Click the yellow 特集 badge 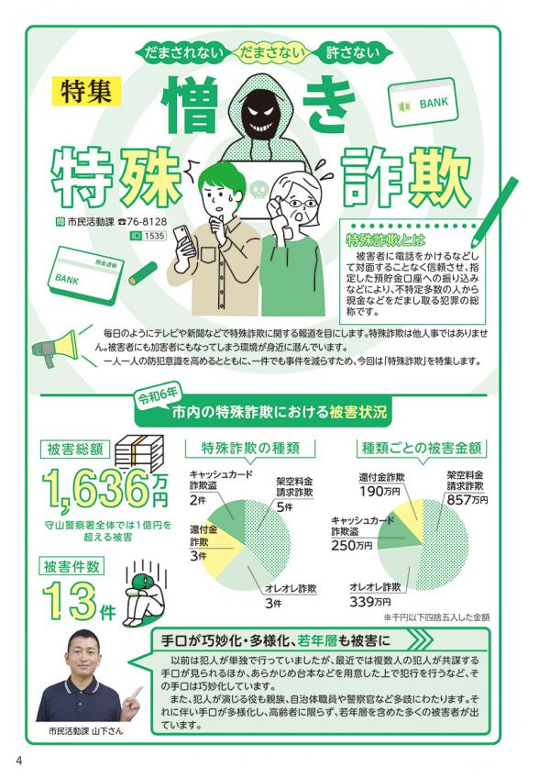[86, 91]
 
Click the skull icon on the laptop [258, 190]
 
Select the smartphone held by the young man [183, 240]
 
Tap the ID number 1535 [154, 236]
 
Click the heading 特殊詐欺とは [385, 240]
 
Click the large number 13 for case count [70, 601]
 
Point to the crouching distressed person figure [143, 598]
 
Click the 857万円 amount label [467, 500]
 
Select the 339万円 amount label [370, 602]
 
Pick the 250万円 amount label [352, 545]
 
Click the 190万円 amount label [379, 491]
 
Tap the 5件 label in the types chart [285, 506]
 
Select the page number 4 [19, 761]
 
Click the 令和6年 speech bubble [158, 395]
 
